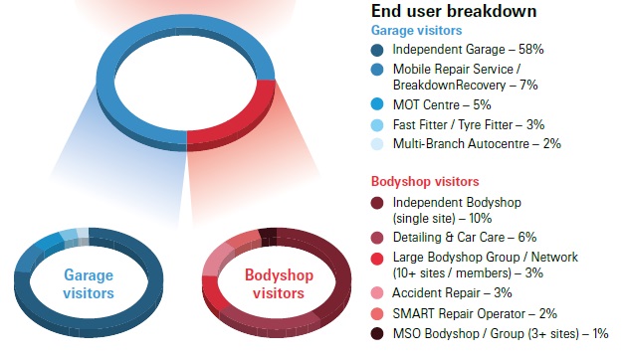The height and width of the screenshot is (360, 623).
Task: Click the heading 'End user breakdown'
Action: point(454,12)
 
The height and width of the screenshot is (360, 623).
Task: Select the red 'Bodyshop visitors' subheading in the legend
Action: point(425,182)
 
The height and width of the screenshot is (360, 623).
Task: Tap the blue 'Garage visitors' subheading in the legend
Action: point(417,30)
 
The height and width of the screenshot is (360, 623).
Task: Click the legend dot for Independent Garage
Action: point(378,50)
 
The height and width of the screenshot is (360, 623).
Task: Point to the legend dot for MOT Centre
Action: point(378,104)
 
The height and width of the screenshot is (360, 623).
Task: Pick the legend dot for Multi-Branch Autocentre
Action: point(378,144)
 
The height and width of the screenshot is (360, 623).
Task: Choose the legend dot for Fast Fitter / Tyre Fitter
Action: point(378,124)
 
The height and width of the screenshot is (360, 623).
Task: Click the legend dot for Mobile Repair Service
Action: point(378,70)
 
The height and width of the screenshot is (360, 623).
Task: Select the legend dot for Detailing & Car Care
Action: point(378,239)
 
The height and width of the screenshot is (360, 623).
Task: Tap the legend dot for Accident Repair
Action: point(378,293)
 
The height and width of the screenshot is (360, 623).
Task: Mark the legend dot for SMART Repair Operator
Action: point(378,313)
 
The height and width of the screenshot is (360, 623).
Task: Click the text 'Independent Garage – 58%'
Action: point(467,50)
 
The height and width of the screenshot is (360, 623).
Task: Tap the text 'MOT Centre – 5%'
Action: point(442,104)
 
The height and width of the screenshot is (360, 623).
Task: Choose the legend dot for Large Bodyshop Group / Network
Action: point(378,259)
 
